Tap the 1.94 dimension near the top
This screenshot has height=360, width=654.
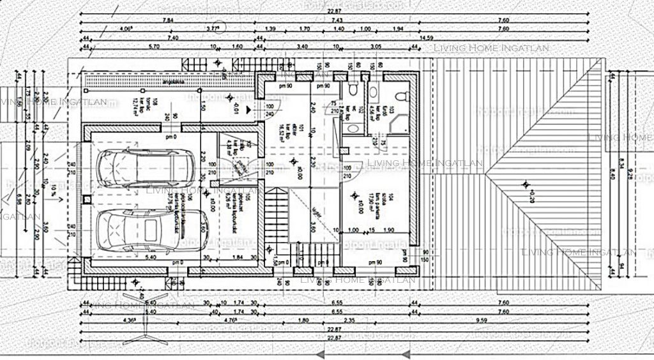click(x=398, y=29)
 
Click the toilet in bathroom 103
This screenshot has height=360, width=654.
click(x=400, y=96)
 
